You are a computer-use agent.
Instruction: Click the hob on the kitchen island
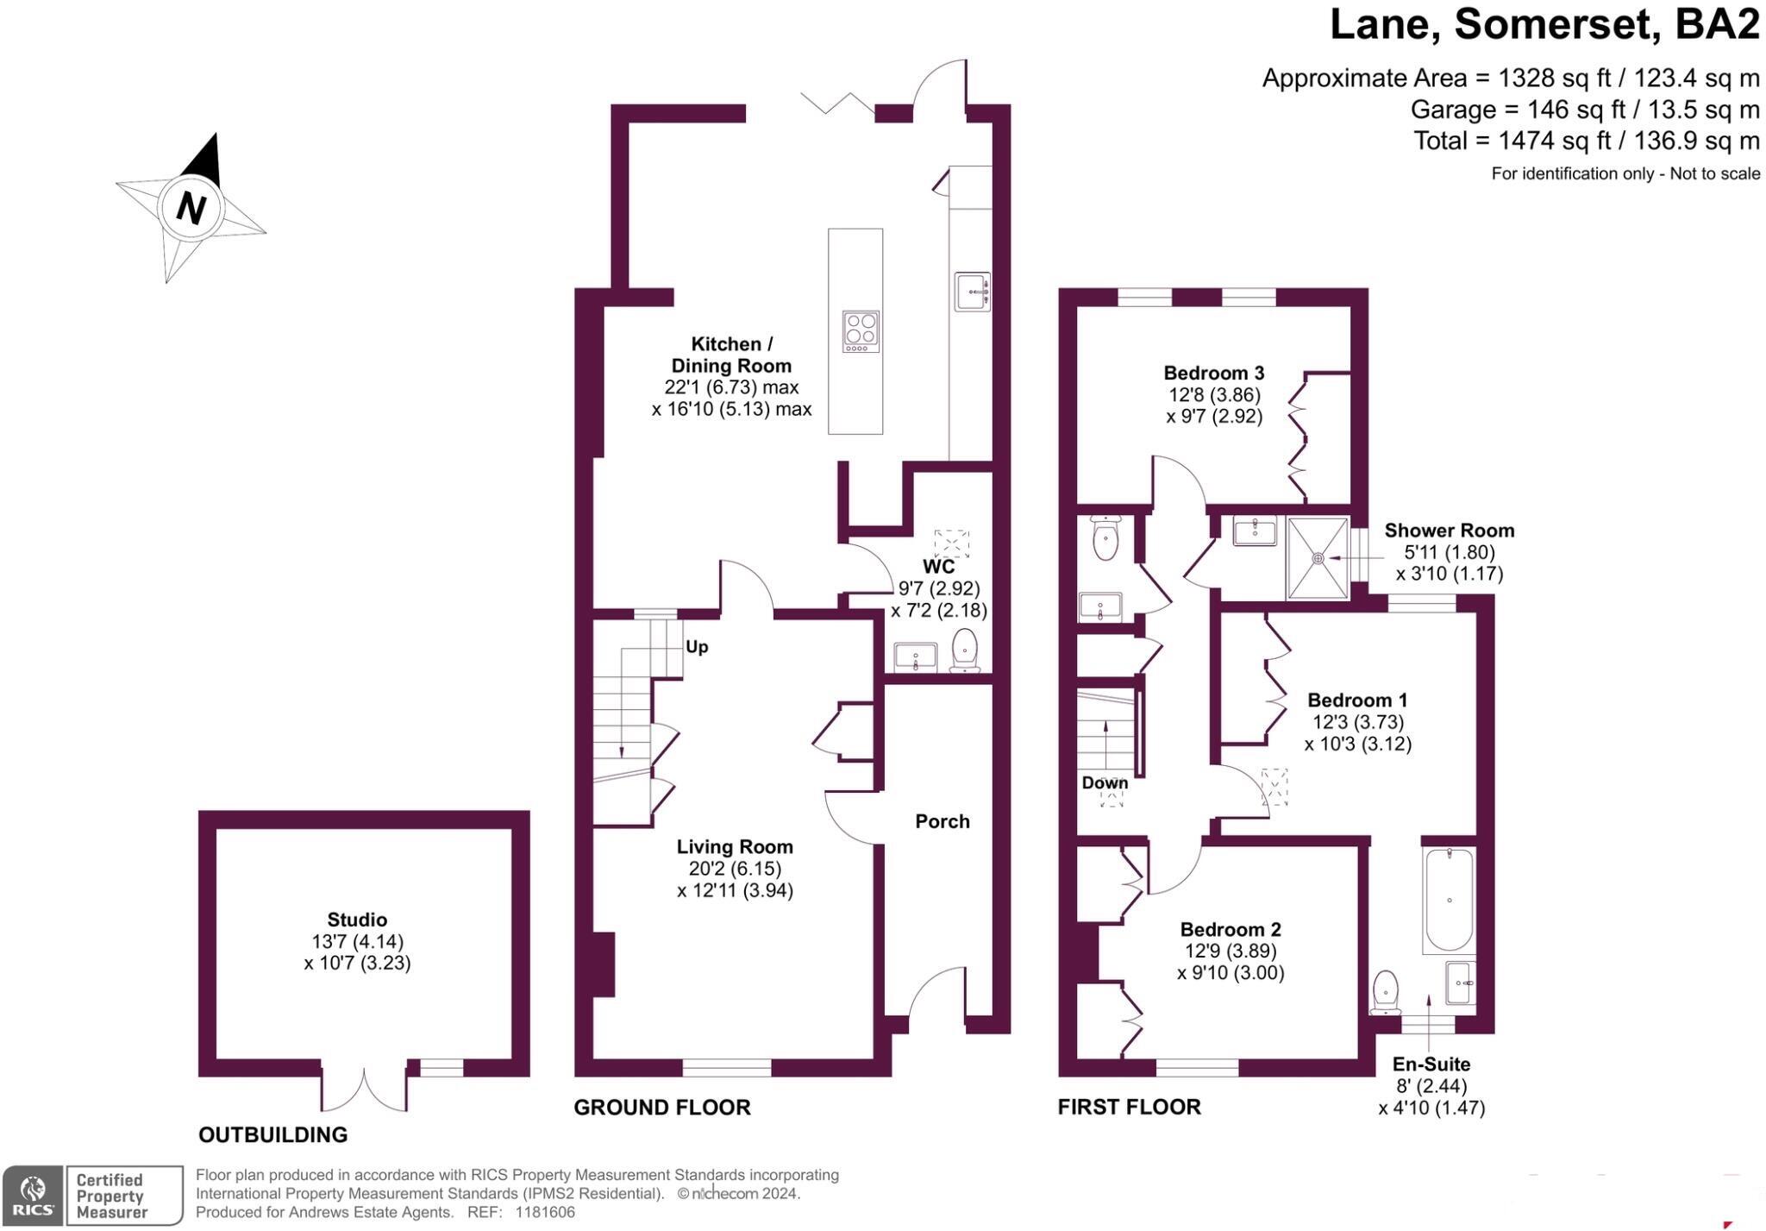tap(861, 331)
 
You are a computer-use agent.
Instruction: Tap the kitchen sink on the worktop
tap(972, 292)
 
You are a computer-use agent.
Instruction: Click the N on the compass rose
tap(191, 208)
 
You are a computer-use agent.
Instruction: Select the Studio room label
tap(357, 920)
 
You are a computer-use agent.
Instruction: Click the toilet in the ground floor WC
tap(964, 650)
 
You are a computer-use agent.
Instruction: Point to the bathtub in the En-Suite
tap(1449, 900)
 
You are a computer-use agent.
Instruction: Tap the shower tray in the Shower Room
tap(1317, 557)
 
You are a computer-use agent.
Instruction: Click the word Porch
tap(942, 821)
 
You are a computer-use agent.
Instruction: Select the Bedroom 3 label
tap(1213, 373)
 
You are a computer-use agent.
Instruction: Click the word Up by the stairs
tap(697, 647)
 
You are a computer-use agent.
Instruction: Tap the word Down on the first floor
tap(1105, 782)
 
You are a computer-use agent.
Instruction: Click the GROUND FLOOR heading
tap(661, 1107)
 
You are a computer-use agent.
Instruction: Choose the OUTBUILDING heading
tap(272, 1134)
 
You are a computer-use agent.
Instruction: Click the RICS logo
tap(32, 1195)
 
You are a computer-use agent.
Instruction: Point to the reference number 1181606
tap(544, 1212)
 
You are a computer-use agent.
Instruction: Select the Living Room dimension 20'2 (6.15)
tap(734, 869)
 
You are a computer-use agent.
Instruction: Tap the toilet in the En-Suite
tap(1385, 991)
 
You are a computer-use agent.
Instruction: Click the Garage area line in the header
tap(1584, 110)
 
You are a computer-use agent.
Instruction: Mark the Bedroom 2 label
tap(1230, 929)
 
